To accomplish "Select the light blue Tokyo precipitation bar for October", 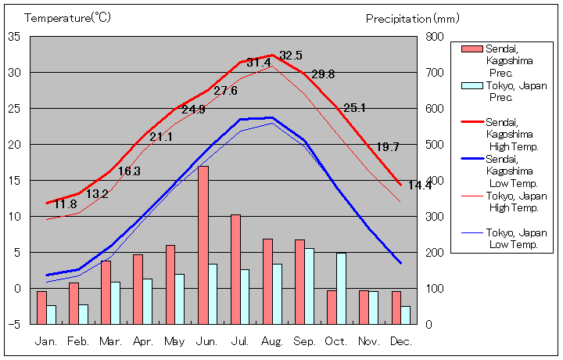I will point(341,288).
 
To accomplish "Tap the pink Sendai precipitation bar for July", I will point(235,268).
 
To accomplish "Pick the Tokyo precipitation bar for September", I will point(309,286).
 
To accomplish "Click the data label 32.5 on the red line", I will point(291,56).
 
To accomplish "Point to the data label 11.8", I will point(65,205).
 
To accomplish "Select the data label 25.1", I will point(354,108).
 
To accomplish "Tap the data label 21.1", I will point(161,137).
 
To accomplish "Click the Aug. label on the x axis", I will point(272,342).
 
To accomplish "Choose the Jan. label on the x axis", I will point(46,342).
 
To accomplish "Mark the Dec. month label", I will point(400,342).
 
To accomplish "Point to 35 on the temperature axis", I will point(15,37).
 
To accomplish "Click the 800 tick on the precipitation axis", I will point(435,37).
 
